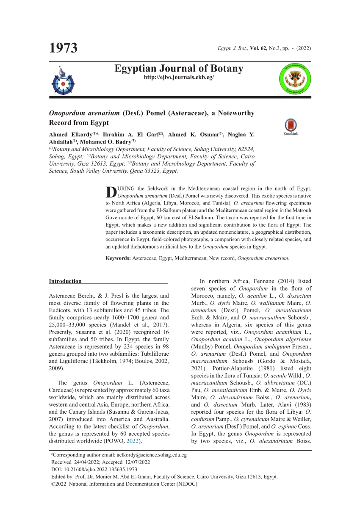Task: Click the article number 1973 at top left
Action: tap(64, 48)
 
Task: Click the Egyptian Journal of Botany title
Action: tap(179, 69)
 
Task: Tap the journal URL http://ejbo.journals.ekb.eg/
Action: tap(179, 77)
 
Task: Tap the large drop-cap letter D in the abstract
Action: tap(111, 192)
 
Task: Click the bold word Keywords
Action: tap(118, 258)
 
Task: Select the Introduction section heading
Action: tap(65, 281)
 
